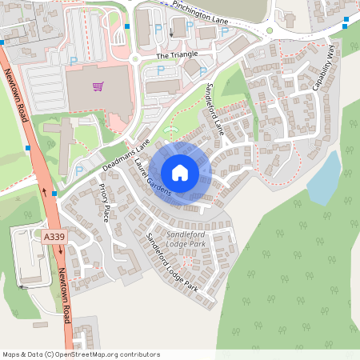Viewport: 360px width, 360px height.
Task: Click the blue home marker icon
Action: tap(180, 172)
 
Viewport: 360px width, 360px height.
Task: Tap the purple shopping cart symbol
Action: tap(98, 86)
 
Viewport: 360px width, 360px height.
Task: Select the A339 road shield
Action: tap(54, 237)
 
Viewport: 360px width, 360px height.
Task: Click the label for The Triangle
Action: tap(177, 55)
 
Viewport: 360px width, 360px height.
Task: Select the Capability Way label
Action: tap(325, 68)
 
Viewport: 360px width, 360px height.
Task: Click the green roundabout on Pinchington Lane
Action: tap(270, 30)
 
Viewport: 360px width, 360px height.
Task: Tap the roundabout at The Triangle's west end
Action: tap(134, 58)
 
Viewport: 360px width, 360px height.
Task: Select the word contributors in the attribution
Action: tap(140, 354)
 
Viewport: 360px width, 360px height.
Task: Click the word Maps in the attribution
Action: tap(10, 354)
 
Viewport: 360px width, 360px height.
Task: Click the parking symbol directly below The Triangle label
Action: tap(160, 71)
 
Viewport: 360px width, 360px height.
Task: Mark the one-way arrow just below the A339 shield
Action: tap(60, 250)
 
